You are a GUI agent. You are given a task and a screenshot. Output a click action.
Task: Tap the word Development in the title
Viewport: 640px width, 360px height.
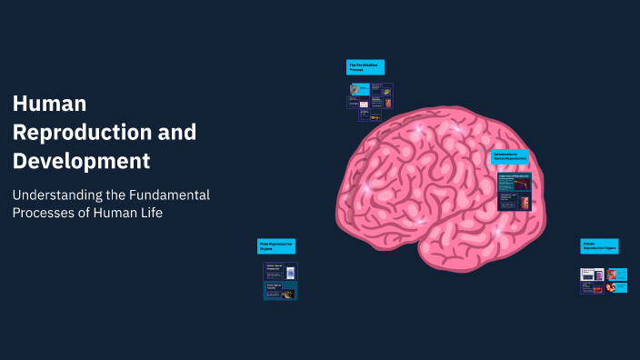(81, 162)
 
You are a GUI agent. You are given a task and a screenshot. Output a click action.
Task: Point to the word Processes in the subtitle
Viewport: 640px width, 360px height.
(45, 213)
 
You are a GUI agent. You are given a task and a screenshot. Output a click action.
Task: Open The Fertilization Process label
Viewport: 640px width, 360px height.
(365, 67)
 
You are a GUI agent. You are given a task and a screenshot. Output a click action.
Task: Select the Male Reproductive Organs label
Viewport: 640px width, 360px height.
(276, 246)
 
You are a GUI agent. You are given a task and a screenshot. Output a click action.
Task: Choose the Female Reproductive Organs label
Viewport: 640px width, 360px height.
(599, 246)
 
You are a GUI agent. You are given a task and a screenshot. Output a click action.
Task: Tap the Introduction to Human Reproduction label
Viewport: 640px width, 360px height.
(510, 157)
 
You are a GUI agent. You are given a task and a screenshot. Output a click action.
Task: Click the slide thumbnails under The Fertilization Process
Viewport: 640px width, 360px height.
(370, 96)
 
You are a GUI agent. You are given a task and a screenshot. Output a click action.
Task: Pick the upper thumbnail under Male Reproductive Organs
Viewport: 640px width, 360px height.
(280, 269)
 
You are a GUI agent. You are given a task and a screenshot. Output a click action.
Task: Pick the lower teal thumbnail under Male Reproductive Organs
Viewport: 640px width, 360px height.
(280, 290)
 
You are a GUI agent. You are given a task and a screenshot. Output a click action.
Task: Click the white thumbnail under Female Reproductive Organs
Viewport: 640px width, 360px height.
(593, 274)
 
